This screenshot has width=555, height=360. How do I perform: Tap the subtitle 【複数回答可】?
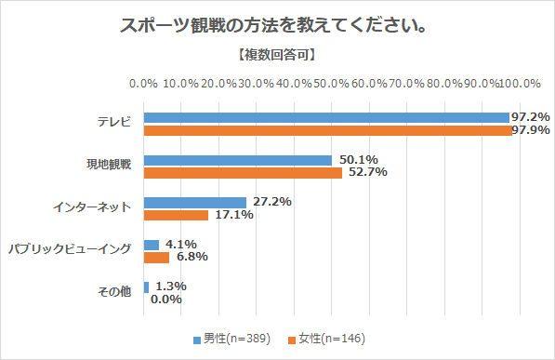(276, 55)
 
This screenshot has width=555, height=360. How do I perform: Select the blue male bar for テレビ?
(325, 117)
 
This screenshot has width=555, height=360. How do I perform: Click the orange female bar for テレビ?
(327, 129)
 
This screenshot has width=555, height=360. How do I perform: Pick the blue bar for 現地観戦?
(237, 160)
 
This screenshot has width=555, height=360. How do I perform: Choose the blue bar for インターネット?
(194, 202)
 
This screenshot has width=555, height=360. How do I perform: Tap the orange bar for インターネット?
(176, 214)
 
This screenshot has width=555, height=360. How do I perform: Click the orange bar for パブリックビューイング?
(156, 257)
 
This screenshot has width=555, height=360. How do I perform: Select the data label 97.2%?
(530, 117)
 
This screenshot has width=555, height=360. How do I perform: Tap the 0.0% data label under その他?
(166, 300)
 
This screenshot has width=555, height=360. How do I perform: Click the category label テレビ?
(115, 123)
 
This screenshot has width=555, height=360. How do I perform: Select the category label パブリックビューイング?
(71, 250)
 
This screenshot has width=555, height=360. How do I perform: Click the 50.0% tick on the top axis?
(333, 83)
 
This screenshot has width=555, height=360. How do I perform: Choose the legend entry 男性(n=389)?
(231, 338)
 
